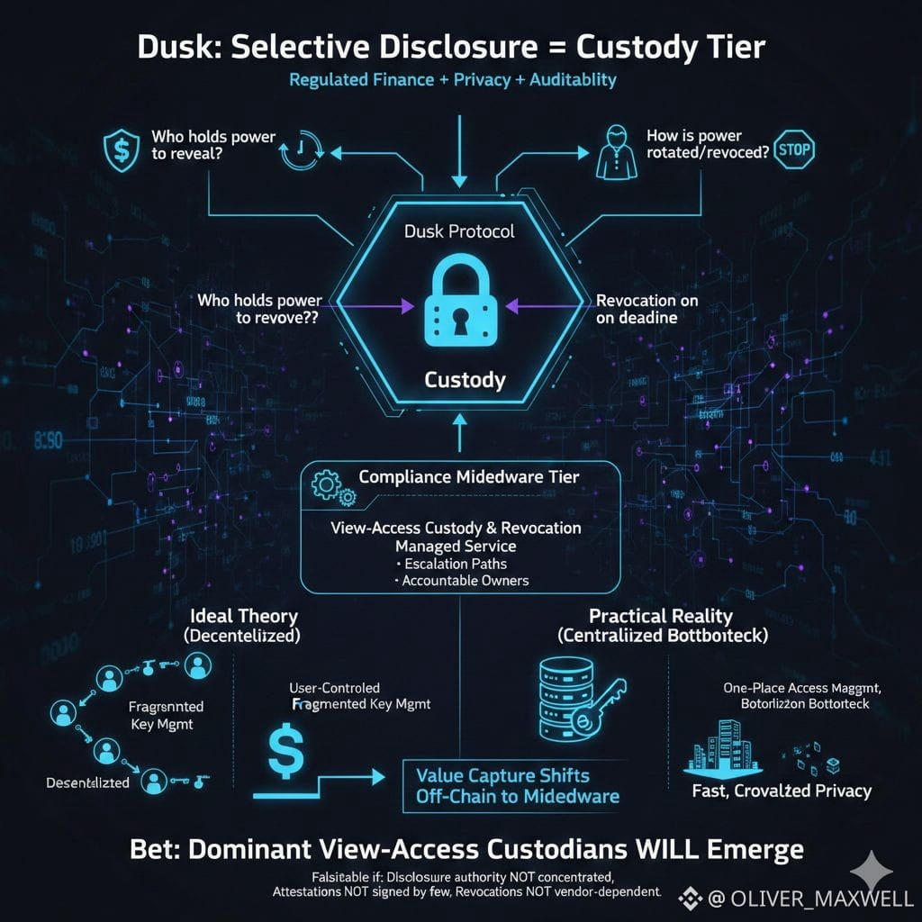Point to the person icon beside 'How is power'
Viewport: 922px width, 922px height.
[x=611, y=152]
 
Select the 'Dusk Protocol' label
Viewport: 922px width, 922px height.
[x=461, y=231]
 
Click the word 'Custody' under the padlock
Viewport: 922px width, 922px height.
[x=465, y=379]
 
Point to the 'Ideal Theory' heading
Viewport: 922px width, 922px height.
[x=244, y=617]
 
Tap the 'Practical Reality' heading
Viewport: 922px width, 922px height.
[x=660, y=617]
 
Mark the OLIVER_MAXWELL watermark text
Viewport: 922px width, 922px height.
[x=816, y=898]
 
